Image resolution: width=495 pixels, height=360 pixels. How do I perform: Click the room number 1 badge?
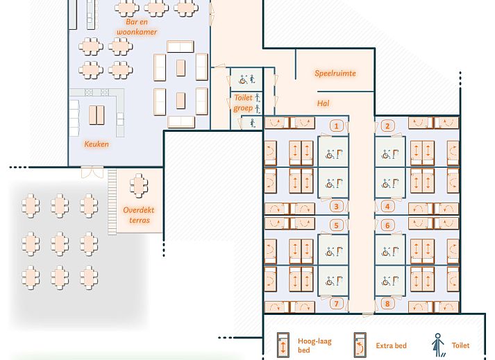tap(337, 126)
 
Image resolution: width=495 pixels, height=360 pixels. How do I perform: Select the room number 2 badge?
tap(389, 126)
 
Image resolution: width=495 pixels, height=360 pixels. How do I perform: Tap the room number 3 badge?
tap(337, 206)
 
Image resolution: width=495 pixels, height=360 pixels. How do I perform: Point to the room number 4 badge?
tap(389, 206)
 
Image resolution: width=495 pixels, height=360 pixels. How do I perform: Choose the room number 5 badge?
tap(337, 225)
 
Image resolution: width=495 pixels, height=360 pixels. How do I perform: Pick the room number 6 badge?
tap(389, 225)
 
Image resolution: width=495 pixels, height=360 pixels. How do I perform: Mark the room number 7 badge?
tap(337, 303)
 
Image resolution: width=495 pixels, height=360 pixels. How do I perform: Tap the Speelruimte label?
tap(335, 73)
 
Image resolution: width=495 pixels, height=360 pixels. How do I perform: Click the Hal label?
tap(323, 103)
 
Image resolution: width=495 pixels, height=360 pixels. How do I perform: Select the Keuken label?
tap(97, 144)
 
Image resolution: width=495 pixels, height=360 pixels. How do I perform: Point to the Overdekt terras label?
tap(137, 215)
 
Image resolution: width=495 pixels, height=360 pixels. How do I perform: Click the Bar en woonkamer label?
tap(137, 27)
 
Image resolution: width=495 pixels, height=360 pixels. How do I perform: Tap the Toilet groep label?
tap(243, 103)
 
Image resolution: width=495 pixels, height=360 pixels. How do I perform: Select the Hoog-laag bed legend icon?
tap(283, 345)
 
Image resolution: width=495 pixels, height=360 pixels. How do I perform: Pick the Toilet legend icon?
tap(437, 345)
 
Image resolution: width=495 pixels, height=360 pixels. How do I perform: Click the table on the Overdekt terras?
tap(140, 185)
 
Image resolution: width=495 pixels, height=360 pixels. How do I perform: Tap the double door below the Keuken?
tap(90, 171)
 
